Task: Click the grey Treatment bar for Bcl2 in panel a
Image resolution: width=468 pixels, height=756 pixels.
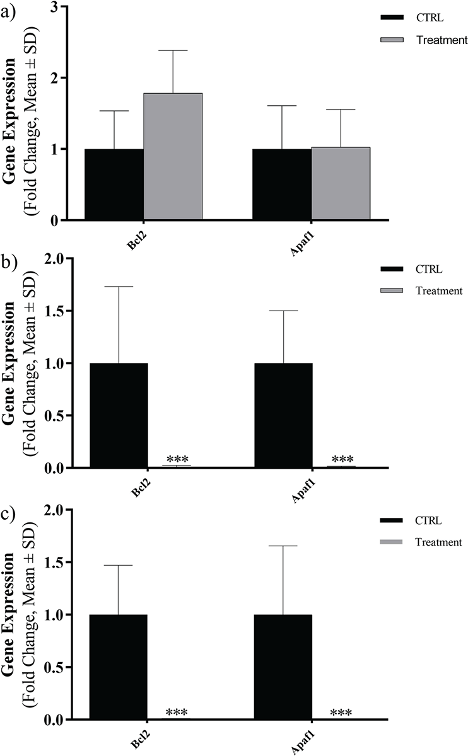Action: click(173, 156)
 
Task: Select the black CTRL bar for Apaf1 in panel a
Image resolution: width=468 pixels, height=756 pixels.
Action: click(282, 184)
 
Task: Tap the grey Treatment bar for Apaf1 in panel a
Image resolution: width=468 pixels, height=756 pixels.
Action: click(341, 183)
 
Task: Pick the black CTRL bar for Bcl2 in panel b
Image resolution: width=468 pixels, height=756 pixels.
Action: click(119, 415)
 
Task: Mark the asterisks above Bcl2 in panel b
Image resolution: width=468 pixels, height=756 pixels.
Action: click(177, 459)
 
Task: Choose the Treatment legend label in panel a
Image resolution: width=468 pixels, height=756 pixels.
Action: click(442, 40)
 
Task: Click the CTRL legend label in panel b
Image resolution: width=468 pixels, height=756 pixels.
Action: click(430, 270)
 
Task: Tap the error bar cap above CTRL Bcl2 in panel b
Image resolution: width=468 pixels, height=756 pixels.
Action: click(119, 287)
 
